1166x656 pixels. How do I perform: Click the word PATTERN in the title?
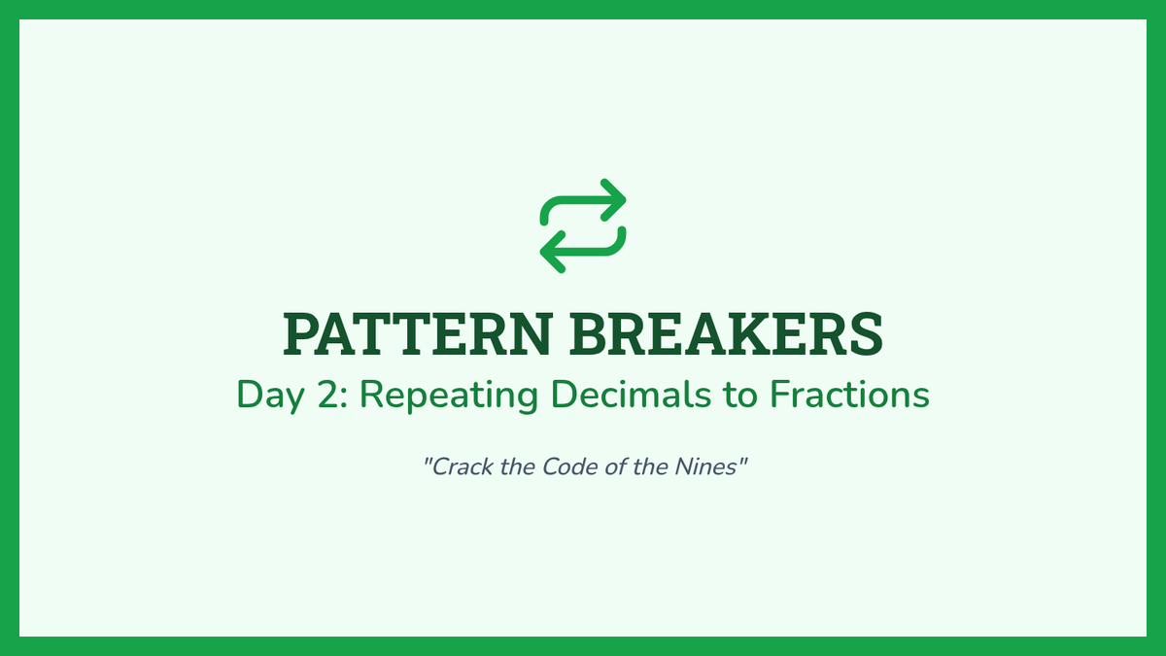[418, 333]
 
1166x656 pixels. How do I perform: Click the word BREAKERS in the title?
[727, 333]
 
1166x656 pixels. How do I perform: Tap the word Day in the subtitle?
[270, 396]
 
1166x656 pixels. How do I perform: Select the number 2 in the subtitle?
[328, 395]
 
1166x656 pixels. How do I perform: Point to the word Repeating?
[449, 396]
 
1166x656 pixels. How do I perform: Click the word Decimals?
[631, 395]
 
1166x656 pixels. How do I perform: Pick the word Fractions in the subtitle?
[849, 395]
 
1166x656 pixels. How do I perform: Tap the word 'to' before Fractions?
[740, 396]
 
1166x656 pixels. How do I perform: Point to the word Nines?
[705, 466]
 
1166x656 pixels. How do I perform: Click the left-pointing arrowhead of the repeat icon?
[551, 252]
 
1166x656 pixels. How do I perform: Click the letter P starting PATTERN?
[301, 333]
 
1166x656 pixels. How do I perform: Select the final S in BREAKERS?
[867, 333]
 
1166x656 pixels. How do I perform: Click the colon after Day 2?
[344, 398]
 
